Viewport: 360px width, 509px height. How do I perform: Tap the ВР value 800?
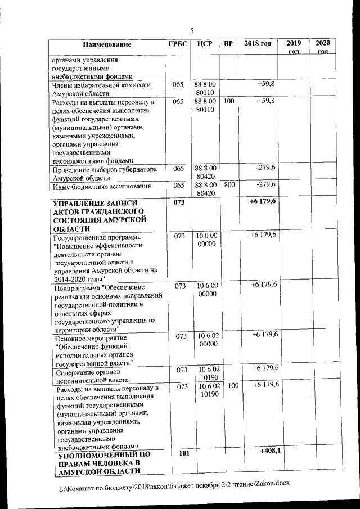click(228, 184)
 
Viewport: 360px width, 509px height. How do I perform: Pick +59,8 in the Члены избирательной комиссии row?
click(266, 84)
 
